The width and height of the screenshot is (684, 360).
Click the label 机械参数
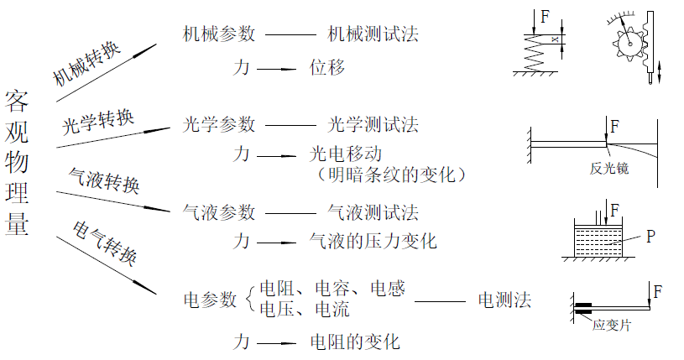pyautogui.click(x=219, y=34)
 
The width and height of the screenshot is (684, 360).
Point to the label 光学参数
pyautogui.click(x=219, y=124)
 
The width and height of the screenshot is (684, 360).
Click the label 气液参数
pyautogui.click(x=219, y=212)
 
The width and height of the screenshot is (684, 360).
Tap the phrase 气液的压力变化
pyautogui.click(x=373, y=242)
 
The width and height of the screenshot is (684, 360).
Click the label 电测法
pyautogui.click(x=504, y=300)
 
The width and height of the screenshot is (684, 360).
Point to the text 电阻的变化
pyautogui.click(x=355, y=342)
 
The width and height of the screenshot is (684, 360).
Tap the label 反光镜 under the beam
pyautogui.click(x=609, y=169)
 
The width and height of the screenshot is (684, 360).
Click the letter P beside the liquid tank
pyautogui.click(x=650, y=237)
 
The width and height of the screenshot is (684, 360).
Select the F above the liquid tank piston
pyautogui.click(x=615, y=208)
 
